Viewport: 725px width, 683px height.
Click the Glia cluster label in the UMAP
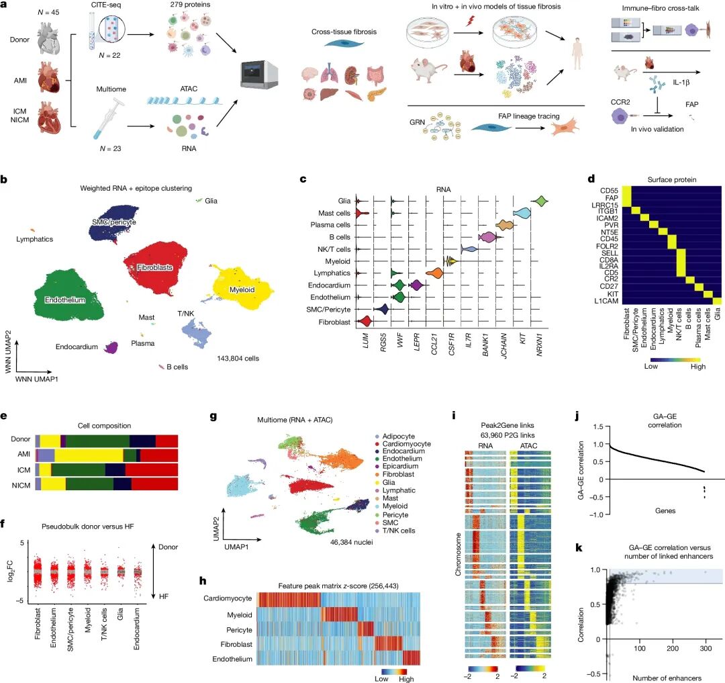point(211,200)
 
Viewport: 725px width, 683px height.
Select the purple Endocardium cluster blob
point(109,347)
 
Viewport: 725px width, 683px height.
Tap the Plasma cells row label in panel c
point(333,225)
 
